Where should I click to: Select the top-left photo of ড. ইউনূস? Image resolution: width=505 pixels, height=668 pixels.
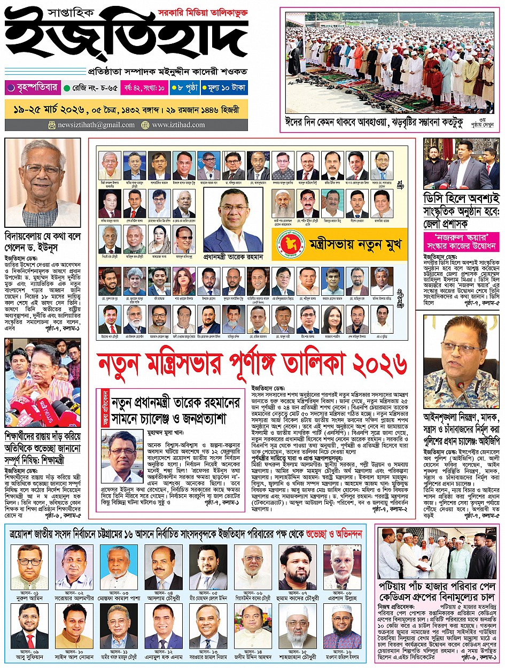tap(43, 182)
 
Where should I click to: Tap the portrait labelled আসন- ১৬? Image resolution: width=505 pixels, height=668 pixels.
tap(342, 626)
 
